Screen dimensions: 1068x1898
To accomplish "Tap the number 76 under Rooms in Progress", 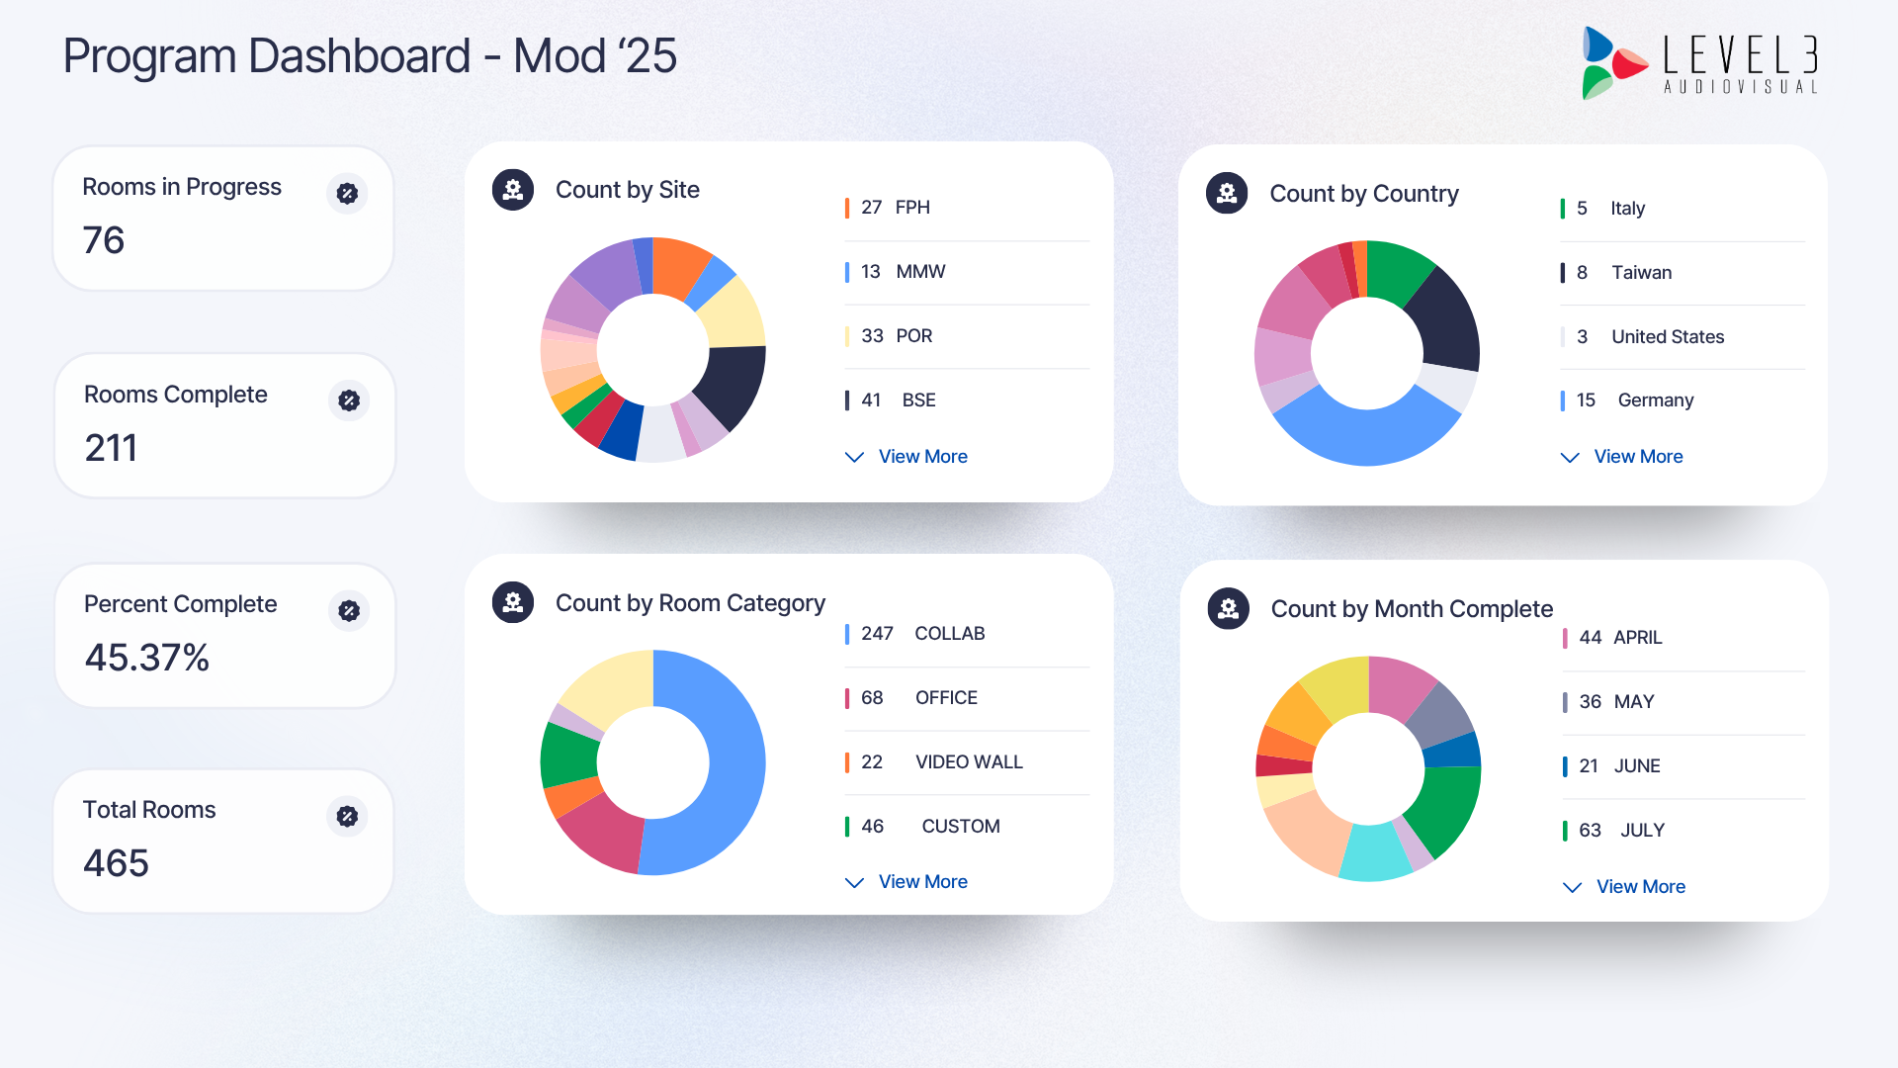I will click(x=104, y=240).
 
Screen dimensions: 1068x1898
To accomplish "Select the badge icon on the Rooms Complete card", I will click(x=349, y=400).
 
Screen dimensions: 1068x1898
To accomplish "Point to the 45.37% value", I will click(x=147, y=658).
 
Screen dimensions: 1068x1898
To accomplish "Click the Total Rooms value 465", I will click(x=116, y=863).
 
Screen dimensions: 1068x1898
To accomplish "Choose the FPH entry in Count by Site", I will click(x=911, y=208).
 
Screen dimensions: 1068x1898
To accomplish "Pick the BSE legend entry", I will click(x=917, y=400).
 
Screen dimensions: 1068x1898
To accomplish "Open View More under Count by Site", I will click(x=921, y=457).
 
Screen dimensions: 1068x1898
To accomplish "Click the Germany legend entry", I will click(x=1655, y=400).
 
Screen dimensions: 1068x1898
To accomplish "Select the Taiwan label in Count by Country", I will click(x=1641, y=273).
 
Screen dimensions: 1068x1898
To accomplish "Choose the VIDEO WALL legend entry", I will click(x=968, y=762).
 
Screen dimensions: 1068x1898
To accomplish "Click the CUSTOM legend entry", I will click(x=960, y=827).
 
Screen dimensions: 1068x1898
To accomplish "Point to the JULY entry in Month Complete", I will click(x=1642, y=831).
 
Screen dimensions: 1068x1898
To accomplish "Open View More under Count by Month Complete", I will click(x=1639, y=887).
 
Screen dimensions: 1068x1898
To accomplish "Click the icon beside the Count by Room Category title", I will click(x=513, y=602).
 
